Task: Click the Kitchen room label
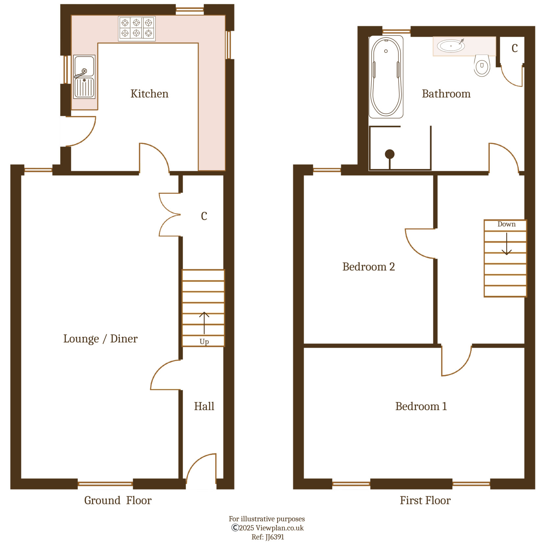[x=149, y=94]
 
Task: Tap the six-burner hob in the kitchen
[x=136, y=28]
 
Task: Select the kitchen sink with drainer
[x=84, y=77]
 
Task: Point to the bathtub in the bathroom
[x=386, y=77]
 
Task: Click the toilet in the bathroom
[x=482, y=66]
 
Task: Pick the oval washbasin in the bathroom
[x=451, y=46]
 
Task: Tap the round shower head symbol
[x=390, y=154]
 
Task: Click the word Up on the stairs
[x=204, y=342]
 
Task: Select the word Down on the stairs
[x=506, y=224]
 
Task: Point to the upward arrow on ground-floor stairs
[x=204, y=322]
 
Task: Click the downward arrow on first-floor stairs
[x=506, y=244]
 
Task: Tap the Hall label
[x=204, y=406]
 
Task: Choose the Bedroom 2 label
[x=368, y=266]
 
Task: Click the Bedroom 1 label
[x=421, y=406]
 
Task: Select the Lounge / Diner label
[x=100, y=338]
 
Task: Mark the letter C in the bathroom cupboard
[x=515, y=48]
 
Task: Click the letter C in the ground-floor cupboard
[x=204, y=216]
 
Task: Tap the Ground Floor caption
[x=118, y=500]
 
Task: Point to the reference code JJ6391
[x=274, y=537]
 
